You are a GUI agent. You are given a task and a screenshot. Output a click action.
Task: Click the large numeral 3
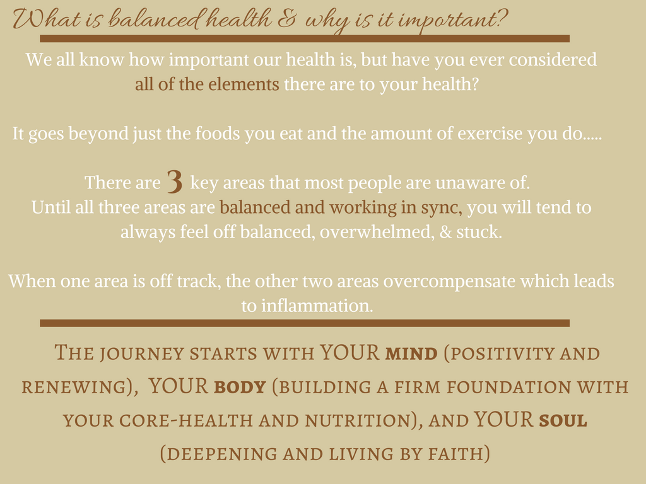(x=175, y=181)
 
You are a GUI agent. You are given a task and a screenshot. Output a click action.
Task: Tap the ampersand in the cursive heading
(x=286, y=20)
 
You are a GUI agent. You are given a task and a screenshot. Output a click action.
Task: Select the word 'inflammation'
(x=317, y=306)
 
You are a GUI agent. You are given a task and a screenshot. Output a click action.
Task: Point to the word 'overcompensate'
(x=449, y=282)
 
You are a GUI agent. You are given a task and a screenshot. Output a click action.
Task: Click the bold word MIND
(x=411, y=354)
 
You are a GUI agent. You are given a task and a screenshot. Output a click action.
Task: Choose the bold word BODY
(x=240, y=388)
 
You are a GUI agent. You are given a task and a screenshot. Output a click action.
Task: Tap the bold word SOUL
(x=563, y=420)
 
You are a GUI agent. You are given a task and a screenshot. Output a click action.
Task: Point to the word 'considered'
(x=553, y=60)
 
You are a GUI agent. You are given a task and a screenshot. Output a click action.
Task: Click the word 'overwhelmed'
(x=377, y=232)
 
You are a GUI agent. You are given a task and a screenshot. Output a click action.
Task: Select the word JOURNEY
(x=142, y=354)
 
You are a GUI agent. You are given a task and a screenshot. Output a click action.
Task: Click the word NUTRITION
(x=358, y=420)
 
